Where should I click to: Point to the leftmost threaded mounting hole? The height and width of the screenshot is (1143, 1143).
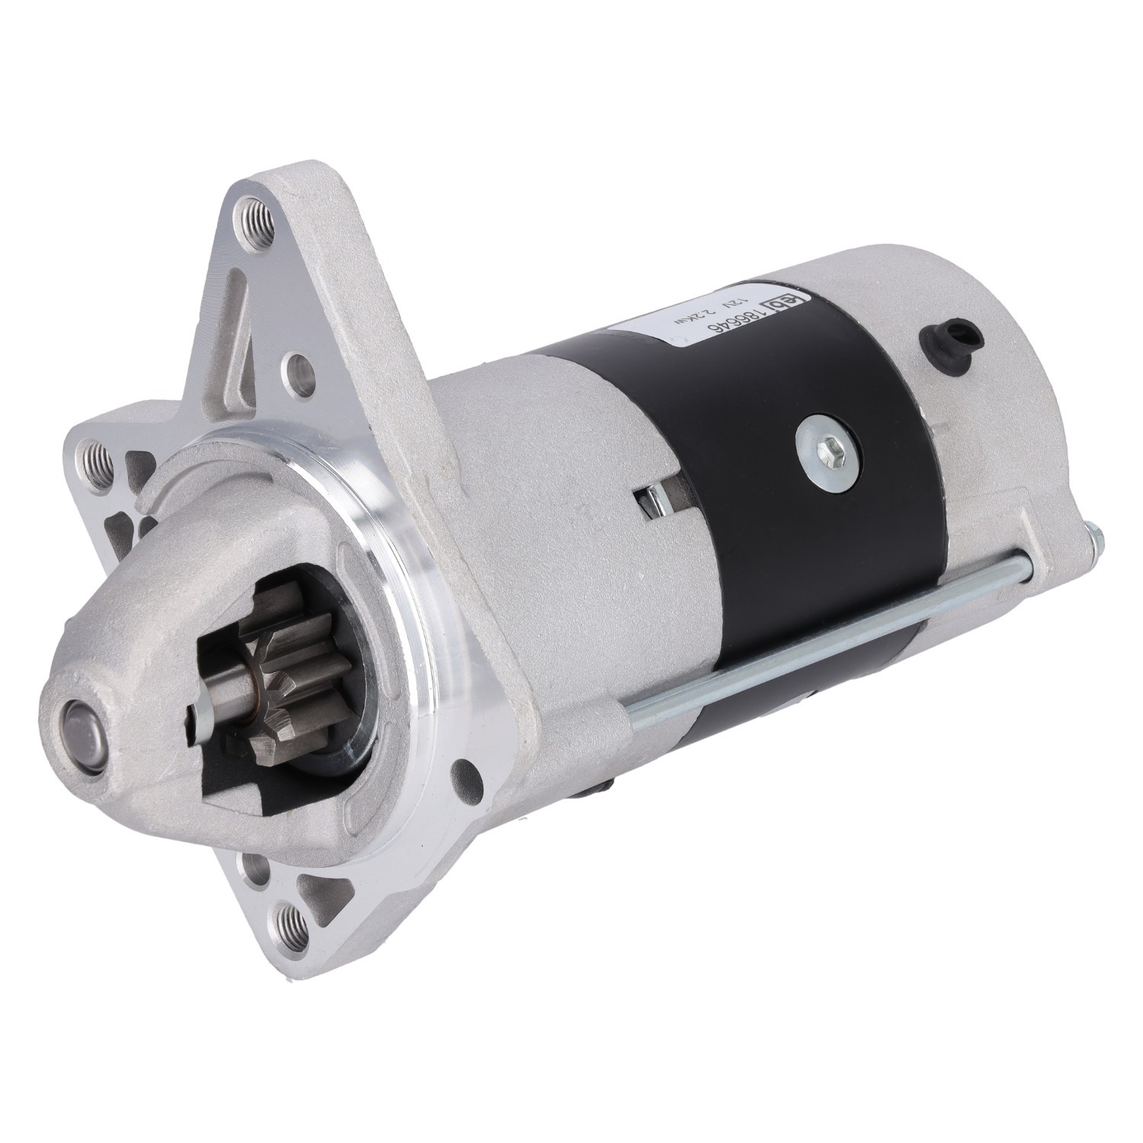point(98,459)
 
